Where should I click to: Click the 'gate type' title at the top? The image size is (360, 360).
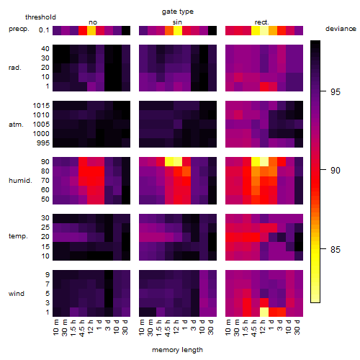(178, 12)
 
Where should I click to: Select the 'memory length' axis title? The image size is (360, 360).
(177, 350)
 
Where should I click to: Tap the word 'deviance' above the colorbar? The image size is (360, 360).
(341, 29)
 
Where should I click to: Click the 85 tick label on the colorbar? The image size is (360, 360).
(336, 249)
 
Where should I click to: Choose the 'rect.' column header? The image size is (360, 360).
(262, 22)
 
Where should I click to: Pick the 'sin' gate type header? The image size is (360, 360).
(177, 22)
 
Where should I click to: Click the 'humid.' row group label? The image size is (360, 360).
(20, 181)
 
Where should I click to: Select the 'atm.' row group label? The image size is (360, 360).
(16, 125)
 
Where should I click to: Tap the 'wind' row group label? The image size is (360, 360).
(17, 294)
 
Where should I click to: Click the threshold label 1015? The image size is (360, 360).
(41, 106)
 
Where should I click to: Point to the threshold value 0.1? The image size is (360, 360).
(44, 30)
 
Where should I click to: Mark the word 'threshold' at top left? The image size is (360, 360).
(40, 17)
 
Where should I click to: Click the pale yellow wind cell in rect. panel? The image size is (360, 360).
(264, 312)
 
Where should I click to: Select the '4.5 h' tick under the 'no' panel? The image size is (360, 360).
(82, 328)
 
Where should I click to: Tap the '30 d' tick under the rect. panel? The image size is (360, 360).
(297, 327)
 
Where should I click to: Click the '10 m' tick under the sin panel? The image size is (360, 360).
(143, 327)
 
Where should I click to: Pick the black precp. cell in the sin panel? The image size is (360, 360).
(212, 31)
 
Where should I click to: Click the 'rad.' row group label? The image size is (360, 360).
(15, 68)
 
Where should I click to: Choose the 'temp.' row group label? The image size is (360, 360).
(18, 236)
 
